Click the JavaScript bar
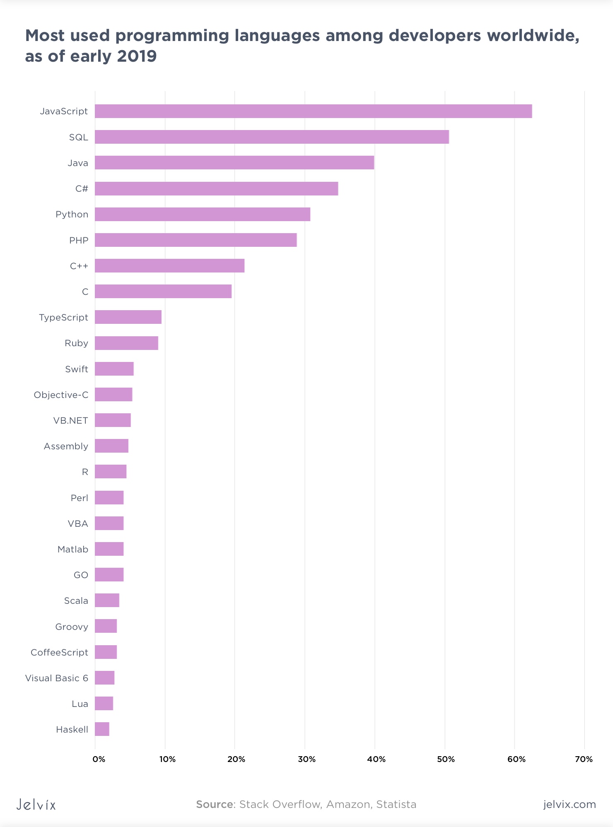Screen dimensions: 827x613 click(x=313, y=111)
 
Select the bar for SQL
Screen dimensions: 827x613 click(x=272, y=137)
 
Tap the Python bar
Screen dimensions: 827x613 click(x=202, y=215)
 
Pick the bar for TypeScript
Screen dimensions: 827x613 click(x=128, y=317)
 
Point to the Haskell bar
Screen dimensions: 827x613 click(x=102, y=729)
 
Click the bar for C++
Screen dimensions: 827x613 click(x=169, y=266)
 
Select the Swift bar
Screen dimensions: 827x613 click(x=114, y=369)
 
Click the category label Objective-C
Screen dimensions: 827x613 click(x=61, y=395)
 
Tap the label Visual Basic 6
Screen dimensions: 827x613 click(x=57, y=678)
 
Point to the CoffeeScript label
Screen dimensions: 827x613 click(x=59, y=653)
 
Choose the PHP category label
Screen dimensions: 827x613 click(x=79, y=241)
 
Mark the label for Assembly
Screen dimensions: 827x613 click(x=66, y=446)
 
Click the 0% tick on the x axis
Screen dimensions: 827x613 click(x=99, y=759)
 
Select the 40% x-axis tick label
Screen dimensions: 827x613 click(x=376, y=759)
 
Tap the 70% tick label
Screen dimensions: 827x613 click(x=584, y=759)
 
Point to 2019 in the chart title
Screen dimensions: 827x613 click(x=137, y=56)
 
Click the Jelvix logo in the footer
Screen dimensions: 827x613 click(x=36, y=804)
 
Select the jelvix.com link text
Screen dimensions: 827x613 click(x=569, y=804)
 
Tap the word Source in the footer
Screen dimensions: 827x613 click(x=215, y=804)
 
